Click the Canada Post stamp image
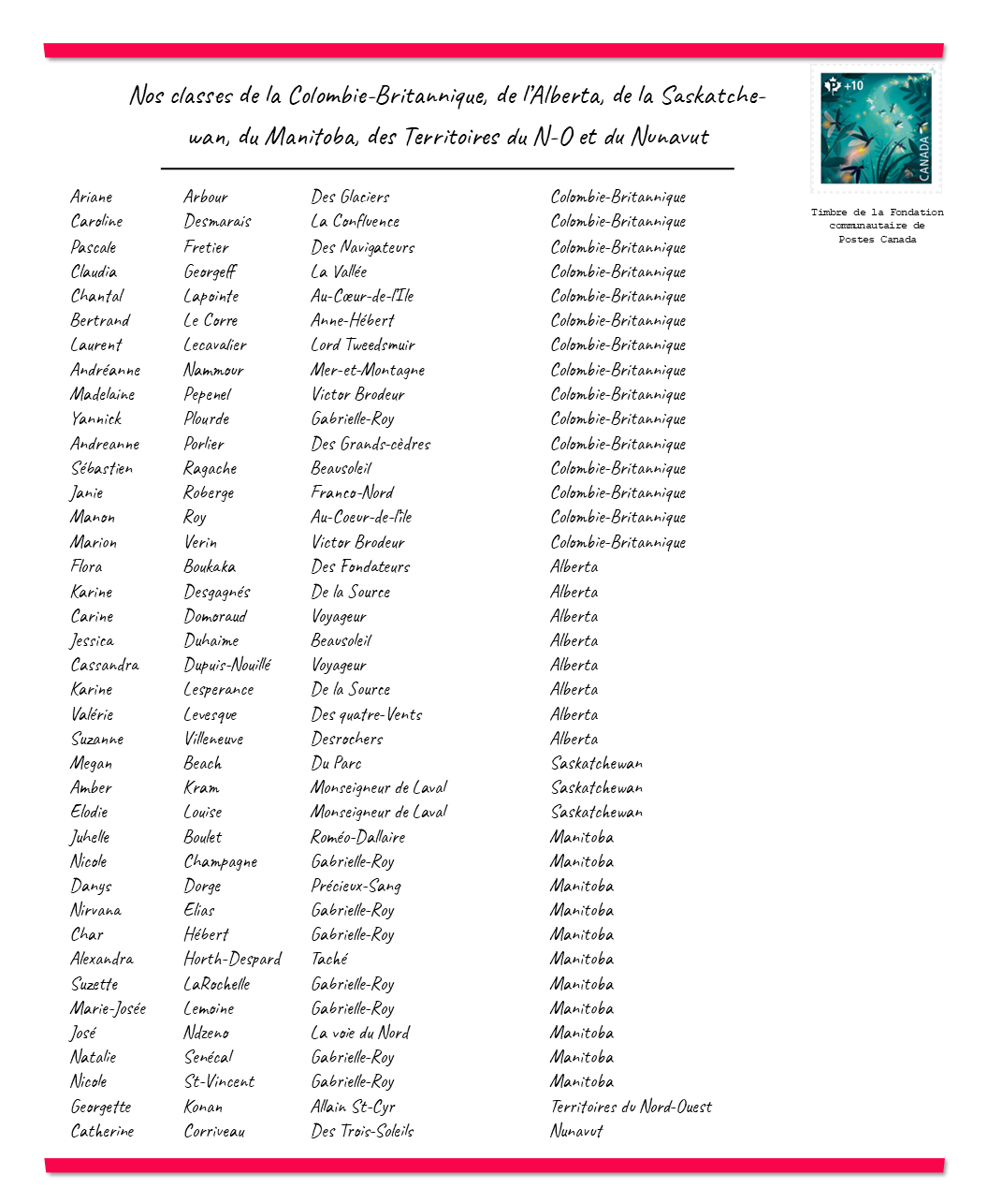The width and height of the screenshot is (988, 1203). pos(876,128)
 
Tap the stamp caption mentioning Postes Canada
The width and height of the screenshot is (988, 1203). pos(877,226)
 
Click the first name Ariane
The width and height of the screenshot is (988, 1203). pos(92,197)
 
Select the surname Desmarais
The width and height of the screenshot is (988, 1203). pos(217,222)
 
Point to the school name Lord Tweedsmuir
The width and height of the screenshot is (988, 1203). pos(363,345)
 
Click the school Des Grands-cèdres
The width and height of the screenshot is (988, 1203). pos(370,444)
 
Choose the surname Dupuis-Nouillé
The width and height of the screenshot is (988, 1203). pos(227,665)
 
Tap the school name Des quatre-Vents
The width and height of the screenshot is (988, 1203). pos(367,714)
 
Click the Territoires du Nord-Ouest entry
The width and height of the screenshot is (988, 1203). pos(631,1107)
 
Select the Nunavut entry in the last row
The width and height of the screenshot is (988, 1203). pos(576,1131)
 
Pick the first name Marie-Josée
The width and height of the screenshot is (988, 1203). pos(109,1008)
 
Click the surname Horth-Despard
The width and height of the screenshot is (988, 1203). pos(232,959)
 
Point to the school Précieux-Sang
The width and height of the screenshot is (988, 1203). pos(356,886)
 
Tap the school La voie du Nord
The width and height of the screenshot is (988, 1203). pos(360,1033)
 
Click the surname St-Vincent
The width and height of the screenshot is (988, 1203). pos(219,1081)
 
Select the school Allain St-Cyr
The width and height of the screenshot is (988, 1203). pos(354,1107)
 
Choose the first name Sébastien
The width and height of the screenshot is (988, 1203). pos(102,468)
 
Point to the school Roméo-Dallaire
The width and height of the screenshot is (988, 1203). pos(358,837)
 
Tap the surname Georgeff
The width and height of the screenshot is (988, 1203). pos(210,271)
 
